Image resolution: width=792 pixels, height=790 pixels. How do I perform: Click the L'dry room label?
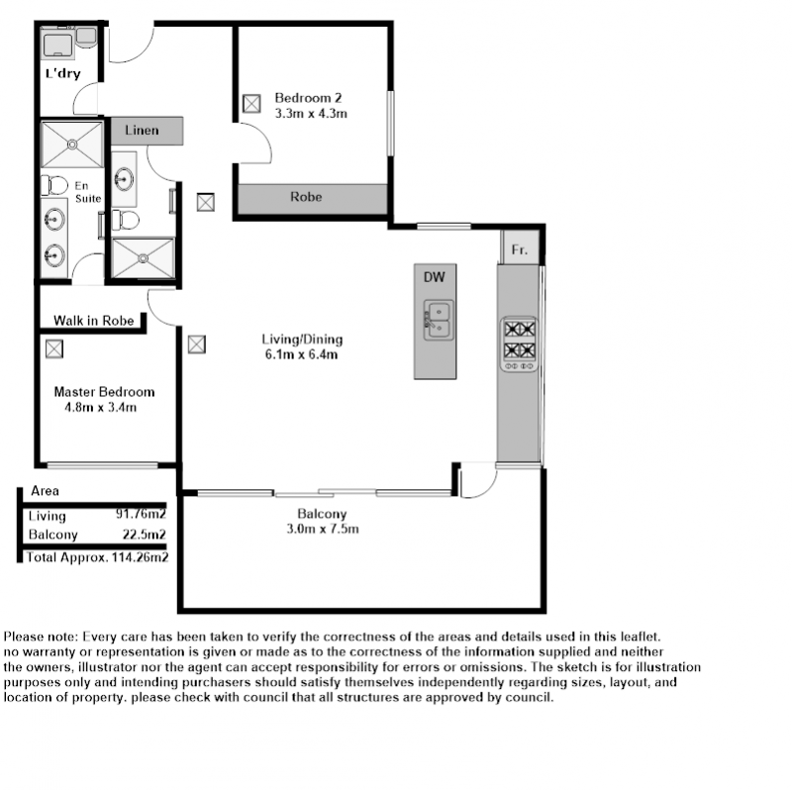[x=63, y=73]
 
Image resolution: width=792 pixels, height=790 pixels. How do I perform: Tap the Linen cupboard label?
[x=142, y=131]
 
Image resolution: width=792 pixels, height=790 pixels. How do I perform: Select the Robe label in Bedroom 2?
[x=306, y=196]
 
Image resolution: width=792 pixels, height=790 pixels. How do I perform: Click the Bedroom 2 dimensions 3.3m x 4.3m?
[x=311, y=114]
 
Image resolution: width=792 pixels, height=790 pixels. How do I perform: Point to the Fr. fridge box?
[x=520, y=247]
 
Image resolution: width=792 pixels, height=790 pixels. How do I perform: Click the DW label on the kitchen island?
[x=435, y=277]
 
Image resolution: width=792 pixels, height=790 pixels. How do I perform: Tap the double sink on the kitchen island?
[x=439, y=320]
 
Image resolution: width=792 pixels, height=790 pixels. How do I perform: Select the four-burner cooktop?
[x=519, y=345]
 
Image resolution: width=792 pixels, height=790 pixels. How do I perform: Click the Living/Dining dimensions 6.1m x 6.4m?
[x=302, y=354]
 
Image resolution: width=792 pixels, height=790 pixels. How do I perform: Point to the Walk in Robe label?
[x=94, y=321]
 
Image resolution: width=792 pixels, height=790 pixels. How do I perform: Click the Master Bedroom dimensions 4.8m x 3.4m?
[x=101, y=407]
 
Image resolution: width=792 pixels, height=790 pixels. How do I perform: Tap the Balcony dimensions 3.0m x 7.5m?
[x=323, y=529]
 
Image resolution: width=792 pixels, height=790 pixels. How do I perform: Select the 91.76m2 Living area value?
[x=141, y=514]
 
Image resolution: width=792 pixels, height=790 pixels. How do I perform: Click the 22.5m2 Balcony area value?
[x=144, y=535]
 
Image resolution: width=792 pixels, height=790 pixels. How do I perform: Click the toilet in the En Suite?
[x=54, y=185]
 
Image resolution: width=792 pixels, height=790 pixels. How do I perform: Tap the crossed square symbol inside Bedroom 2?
[x=251, y=104]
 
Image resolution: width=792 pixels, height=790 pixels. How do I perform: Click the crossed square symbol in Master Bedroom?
[x=54, y=349]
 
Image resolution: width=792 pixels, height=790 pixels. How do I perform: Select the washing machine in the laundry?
[x=58, y=45]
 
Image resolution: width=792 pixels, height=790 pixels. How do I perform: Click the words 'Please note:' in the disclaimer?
[x=41, y=637]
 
